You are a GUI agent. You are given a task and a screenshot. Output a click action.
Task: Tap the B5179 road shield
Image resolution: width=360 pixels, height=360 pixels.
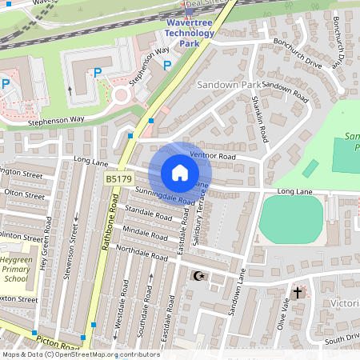pyautogui.click(x=119, y=180)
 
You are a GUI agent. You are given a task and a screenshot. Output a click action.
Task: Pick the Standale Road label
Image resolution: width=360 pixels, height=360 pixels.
pyautogui.click(x=148, y=216)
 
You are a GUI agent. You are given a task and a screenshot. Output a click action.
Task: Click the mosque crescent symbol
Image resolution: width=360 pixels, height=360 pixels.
pyautogui.click(x=198, y=276)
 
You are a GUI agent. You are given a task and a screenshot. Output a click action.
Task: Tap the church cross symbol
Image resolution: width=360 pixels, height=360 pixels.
pyautogui.click(x=298, y=293)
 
